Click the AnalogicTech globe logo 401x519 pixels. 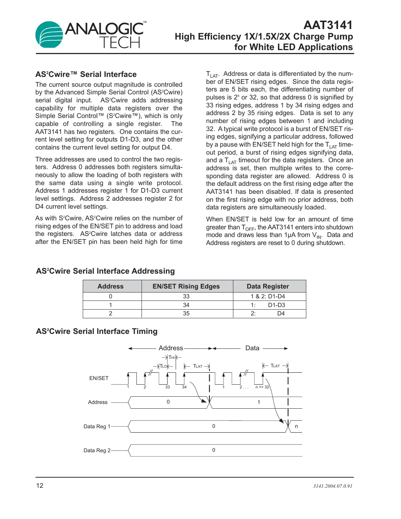(49, 35)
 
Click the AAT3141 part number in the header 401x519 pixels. (328, 25)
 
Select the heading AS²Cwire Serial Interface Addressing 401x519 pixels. (105, 271)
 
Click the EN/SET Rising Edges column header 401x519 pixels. (186, 286)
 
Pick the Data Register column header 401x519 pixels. (268, 286)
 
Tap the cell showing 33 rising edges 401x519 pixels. (186, 297)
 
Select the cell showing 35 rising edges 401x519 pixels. (186, 314)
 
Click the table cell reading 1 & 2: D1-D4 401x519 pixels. (268, 297)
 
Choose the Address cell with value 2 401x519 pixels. (111, 314)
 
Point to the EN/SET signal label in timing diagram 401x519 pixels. (99, 378)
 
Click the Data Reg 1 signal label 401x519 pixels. (97, 426)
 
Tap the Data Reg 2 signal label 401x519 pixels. (97, 450)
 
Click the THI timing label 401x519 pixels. (172, 357)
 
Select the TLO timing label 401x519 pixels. (164, 366)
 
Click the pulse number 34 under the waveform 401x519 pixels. (184, 387)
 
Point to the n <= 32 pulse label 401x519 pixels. (262, 387)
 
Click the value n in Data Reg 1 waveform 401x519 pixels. (296, 426)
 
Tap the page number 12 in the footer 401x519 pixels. (40, 486)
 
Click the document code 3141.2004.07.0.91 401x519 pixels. (332, 486)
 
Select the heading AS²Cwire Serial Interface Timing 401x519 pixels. (97, 331)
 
